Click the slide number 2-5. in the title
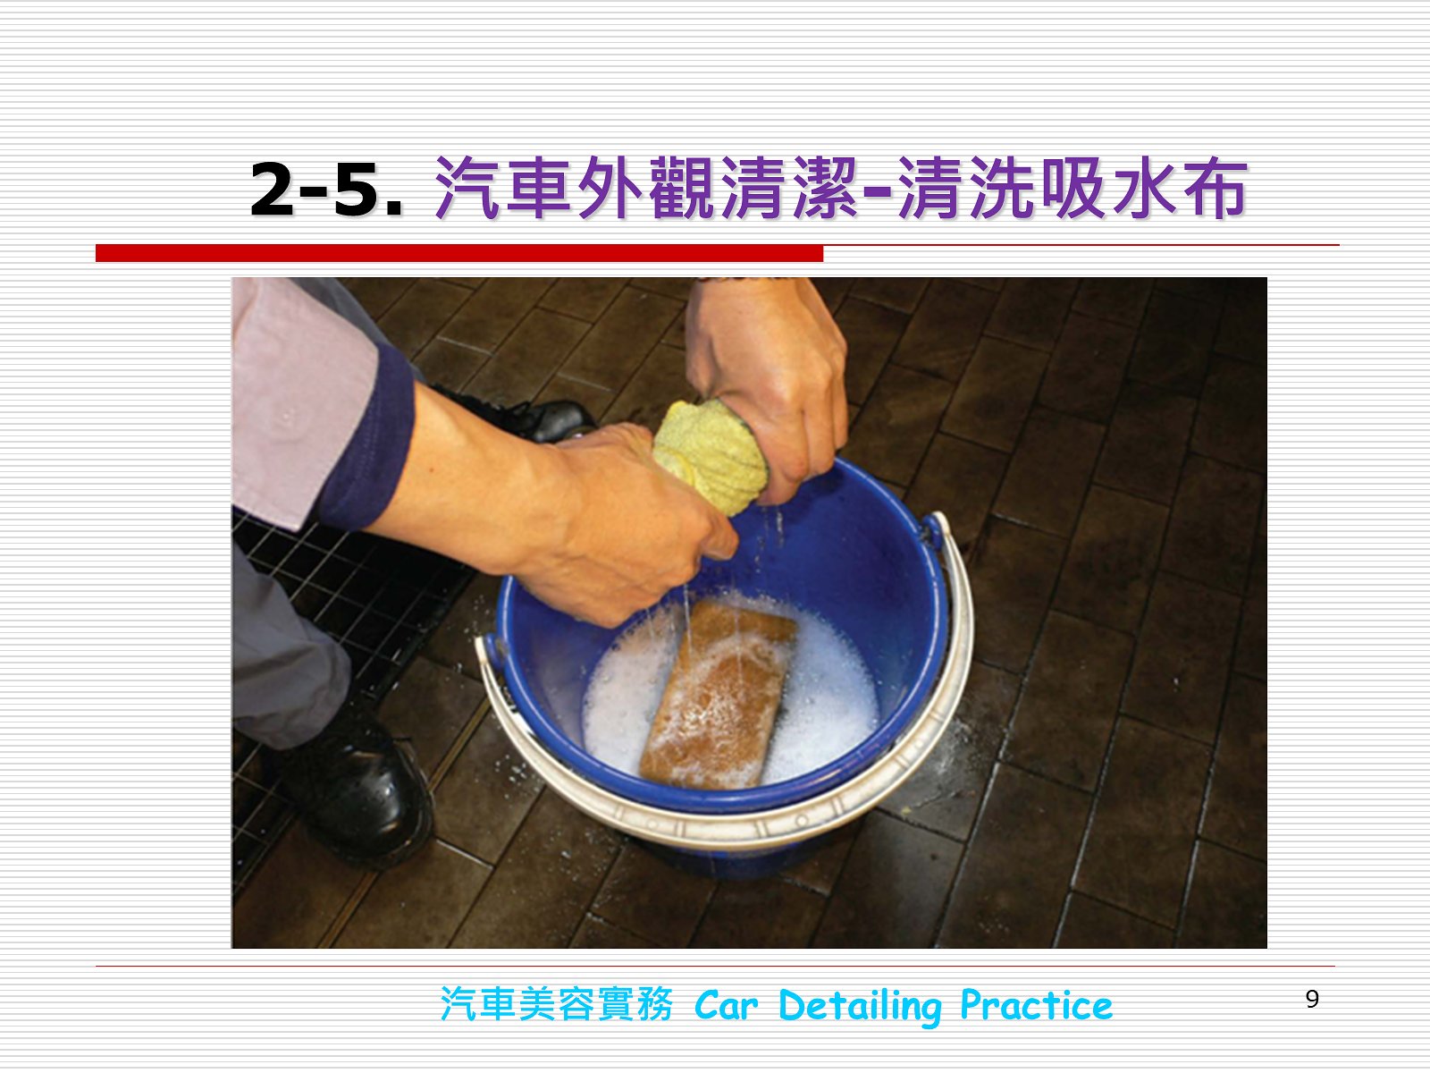click(x=326, y=189)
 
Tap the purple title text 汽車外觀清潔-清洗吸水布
click(x=840, y=188)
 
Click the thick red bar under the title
click(x=459, y=253)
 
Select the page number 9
click(x=1312, y=999)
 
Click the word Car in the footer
click(x=726, y=1006)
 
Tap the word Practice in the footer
click(x=1037, y=1006)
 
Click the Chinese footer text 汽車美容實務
click(x=557, y=1004)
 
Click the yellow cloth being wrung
click(x=711, y=456)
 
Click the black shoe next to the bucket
click(x=355, y=791)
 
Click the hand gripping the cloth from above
click(x=769, y=384)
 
